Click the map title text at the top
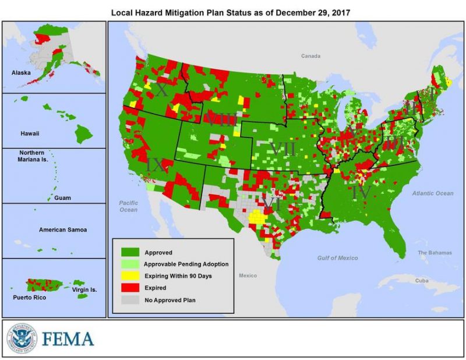click(x=233, y=11)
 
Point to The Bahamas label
click(x=435, y=253)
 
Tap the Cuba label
click(x=422, y=280)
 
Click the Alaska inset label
click(x=22, y=73)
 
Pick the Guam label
click(x=63, y=198)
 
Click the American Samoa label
click(x=63, y=230)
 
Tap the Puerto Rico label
click(x=28, y=297)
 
